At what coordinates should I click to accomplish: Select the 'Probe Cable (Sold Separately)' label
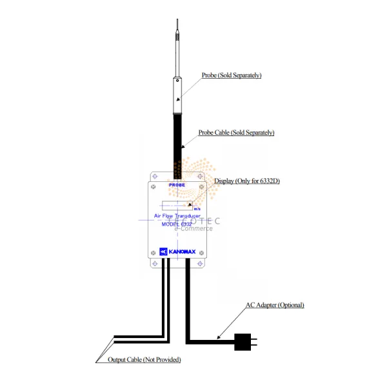(236, 132)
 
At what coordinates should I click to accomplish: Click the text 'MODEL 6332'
(178, 224)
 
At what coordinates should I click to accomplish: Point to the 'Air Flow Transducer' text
(178, 215)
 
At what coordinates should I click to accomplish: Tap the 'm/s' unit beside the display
(197, 209)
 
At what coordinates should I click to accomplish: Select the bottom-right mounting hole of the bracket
(201, 264)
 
